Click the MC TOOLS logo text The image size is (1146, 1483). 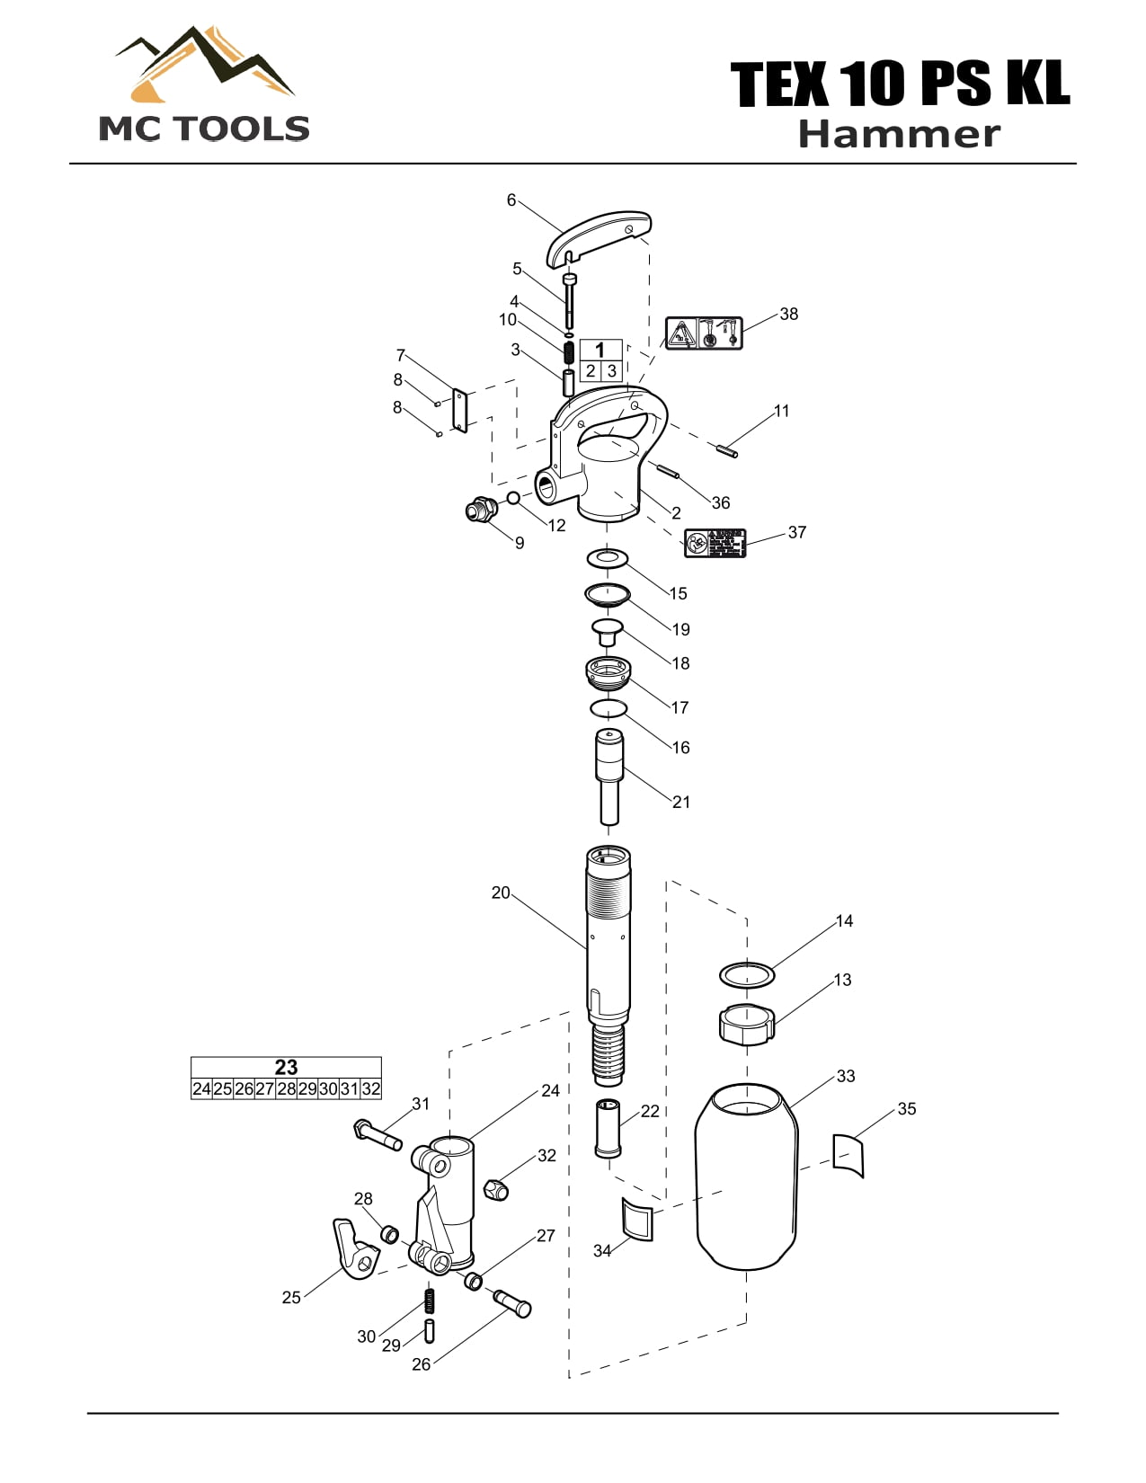click(204, 129)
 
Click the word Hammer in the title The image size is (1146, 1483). click(898, 135)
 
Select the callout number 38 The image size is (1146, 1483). click(788, 314)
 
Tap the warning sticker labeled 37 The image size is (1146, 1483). click(715, 543)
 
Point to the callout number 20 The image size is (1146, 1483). click(501, 892)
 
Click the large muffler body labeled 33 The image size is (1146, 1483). click(747, 1177)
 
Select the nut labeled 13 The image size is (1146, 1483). click(746, 1024)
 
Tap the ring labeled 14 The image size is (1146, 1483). click(746, 973)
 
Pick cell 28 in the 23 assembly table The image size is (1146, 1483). click(286, 1088)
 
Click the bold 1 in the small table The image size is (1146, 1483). click(600, 350)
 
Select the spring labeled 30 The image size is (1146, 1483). click(430, 1300)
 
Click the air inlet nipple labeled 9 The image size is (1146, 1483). click(480, 511)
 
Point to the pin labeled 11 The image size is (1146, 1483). click(728, 450)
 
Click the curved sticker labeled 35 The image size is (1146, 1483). click(848, 1155)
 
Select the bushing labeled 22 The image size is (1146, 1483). click(608, 1128)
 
